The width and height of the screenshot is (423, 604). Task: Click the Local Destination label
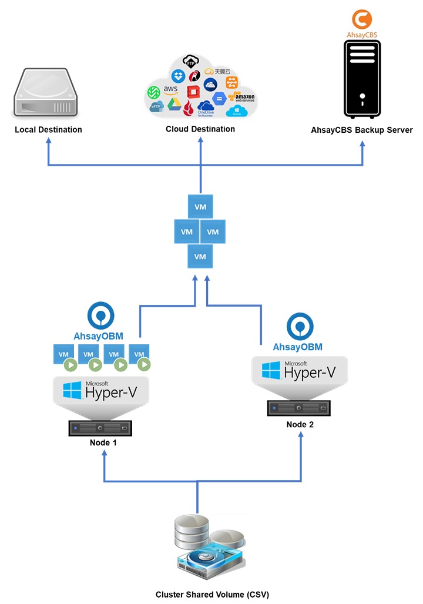[48, 129]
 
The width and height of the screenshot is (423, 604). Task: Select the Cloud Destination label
[200, 129]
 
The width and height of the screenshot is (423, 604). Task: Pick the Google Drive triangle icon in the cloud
[173, 104]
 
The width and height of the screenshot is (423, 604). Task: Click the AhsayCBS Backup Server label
[362, 130]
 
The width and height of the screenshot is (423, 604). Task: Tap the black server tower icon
[362, 78]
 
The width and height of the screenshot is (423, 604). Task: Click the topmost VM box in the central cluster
[200, 206]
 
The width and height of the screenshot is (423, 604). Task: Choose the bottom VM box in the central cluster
[200, 257]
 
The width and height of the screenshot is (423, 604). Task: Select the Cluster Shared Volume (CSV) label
[212, 595]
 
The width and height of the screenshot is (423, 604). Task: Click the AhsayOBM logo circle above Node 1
[101, 316]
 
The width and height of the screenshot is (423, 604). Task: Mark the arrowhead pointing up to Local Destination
[48, 144]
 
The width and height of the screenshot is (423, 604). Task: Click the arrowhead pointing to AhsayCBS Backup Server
[362, 144]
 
